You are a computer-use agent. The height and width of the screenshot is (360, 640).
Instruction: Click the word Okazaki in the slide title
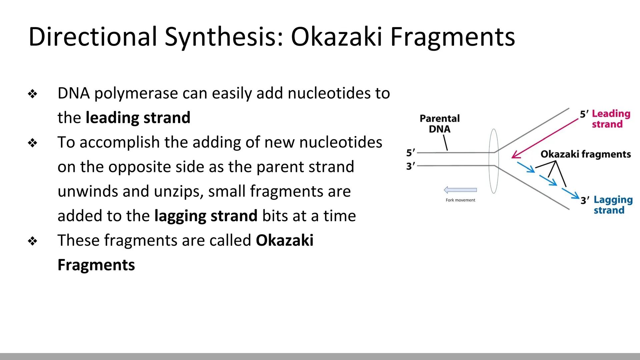(336, 37)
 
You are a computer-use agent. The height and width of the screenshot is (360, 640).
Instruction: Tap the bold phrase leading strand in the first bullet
(138, 118)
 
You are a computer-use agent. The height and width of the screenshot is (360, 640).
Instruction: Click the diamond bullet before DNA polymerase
(33, 94)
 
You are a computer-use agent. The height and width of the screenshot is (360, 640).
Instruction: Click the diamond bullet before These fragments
(33, 241)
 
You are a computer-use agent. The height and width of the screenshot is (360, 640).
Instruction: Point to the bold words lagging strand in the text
(206, 216)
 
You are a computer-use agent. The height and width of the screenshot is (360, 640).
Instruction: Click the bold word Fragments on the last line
(96, 265)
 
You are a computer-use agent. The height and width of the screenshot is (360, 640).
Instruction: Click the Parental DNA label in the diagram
(439, 124)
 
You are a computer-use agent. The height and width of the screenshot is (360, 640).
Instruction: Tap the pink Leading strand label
(611, 119)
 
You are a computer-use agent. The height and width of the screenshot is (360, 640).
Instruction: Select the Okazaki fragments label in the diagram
(585, 154)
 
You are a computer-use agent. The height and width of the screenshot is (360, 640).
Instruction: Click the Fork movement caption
(460, 200)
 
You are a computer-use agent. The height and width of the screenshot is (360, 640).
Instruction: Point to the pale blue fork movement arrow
(460, 190)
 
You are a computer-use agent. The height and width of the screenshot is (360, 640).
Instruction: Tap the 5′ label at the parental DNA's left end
(410, 153)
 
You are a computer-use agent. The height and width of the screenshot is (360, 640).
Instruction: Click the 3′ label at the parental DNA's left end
(410, 166)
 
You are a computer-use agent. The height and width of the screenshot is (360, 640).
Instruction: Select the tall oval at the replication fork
(494, 161)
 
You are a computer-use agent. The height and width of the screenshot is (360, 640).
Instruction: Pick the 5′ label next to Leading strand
(584, 114)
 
